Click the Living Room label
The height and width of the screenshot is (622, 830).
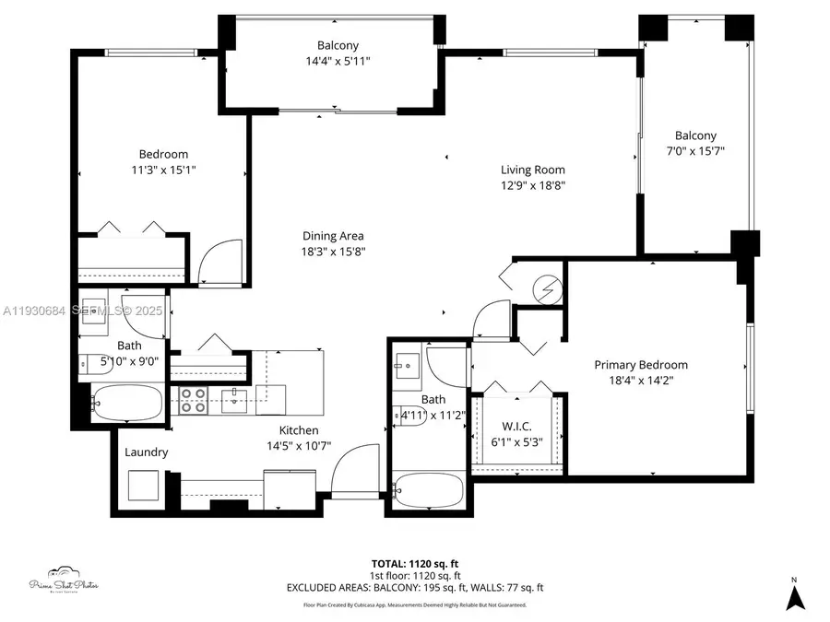point(532,170)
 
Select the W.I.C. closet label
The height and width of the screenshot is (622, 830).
point(516,426)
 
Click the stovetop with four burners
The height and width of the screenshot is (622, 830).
point(193,400)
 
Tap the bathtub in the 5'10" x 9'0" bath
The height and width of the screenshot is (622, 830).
point(129,403)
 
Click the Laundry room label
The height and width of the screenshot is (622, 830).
point(147,452)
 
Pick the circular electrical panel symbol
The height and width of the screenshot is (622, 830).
point(547,290)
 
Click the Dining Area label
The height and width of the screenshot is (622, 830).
point(333,236)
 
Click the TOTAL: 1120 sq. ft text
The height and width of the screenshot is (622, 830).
point(416,562)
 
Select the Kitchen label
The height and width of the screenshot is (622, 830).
point(299,430)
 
